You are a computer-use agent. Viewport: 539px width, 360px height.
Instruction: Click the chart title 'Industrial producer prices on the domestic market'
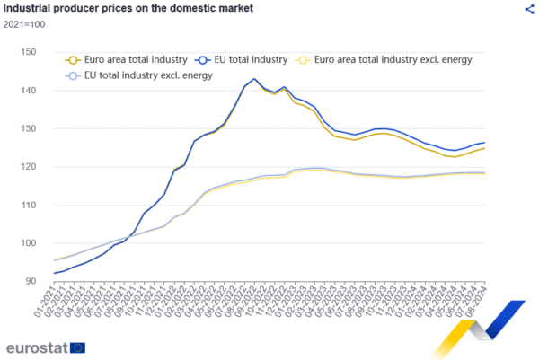[x=129, y=9]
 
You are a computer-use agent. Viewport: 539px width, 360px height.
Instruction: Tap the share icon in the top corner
[x=529, y=9]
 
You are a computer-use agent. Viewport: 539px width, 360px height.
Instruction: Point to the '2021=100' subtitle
[x=25, y=24]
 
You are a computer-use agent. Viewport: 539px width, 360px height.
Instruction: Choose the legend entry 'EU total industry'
[x=243, y=59]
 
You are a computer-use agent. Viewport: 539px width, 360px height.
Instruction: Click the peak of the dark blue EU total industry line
[x=254, y=79]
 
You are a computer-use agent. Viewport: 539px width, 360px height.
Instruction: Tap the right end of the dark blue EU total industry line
[x=485, y=143]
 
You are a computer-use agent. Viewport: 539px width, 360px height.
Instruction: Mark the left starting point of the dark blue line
[x=54, y=273]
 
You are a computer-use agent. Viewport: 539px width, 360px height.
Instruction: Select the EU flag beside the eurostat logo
[x=78, y=347]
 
